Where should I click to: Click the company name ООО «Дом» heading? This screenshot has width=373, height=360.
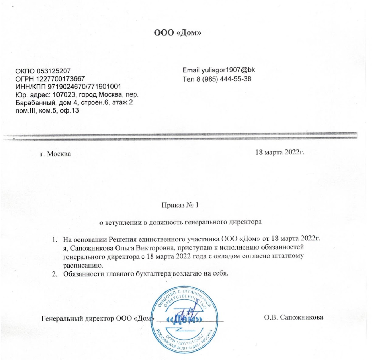(x=178, y=33)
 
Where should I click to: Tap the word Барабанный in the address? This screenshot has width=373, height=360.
(x=34, y=103)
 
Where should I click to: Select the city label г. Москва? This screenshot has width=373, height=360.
(x=55, y=154)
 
